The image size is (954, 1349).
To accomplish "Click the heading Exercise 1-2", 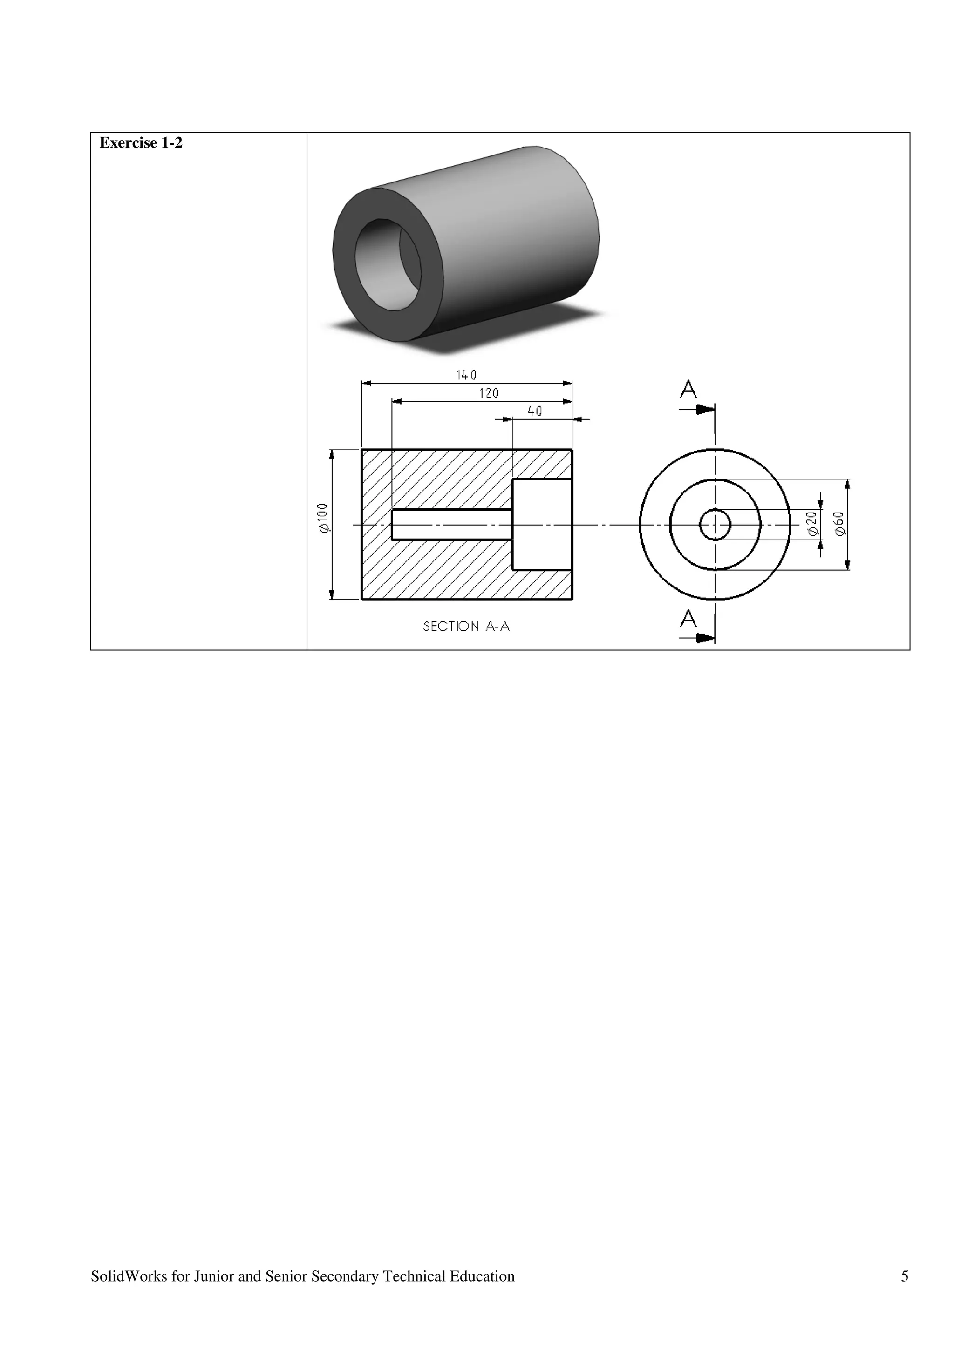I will (x=141, y=143).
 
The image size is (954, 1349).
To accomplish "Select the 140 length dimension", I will (x=466, y=375).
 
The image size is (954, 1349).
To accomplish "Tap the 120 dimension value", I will (x=489, y=393).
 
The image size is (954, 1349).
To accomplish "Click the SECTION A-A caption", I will (x=466, y=627).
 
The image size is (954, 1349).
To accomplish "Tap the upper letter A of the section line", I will (x=688, y=390).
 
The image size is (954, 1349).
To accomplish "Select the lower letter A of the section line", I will (x=688, y=619).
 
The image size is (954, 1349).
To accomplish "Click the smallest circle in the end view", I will (x=715, y=524).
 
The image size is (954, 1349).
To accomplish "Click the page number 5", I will (x=905, y=1276).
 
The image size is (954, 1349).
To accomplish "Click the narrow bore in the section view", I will (x=451, y=524).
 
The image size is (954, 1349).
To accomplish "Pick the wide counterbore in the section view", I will (x=542, y=524).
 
